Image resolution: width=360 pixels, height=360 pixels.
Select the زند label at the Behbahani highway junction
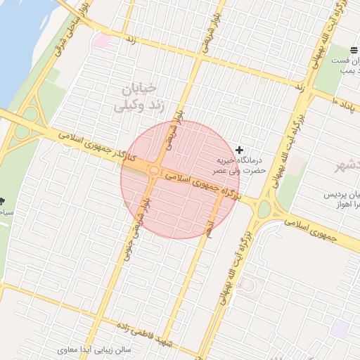(x=299, y=87)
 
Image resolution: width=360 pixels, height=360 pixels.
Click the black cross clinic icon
(x=240, y=150)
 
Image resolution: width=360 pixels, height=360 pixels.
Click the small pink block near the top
(x=102, y=41)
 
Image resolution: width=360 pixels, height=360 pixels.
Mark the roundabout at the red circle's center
(x=153, y=171)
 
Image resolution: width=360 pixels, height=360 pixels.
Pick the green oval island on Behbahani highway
(x=264, y=209)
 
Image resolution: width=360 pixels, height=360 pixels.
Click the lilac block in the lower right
(x=340, y=328)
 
